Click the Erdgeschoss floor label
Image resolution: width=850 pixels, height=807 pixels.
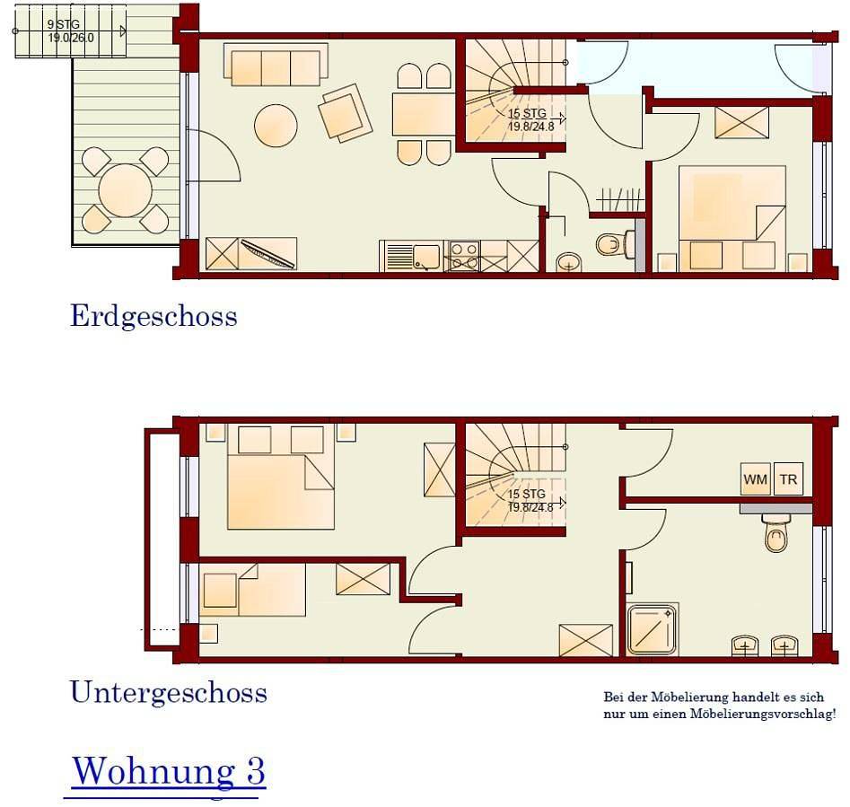pyautogui.click(x=153, y=316)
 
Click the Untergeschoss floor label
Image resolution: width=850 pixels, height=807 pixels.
pyautogui.click(x=168, y=692)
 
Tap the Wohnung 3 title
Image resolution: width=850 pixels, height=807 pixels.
pyautogui.click(x=168, y=770)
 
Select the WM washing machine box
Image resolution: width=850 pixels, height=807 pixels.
pyautogui.click(x=755, y=479)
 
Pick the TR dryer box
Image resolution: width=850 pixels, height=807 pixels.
pyautogui.click(x=788, y=479)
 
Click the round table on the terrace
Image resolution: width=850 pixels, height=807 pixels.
pyautogui.click(x=125, y=190)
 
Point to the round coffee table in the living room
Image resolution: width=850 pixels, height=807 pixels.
pyautogui.click(x=276, y=126)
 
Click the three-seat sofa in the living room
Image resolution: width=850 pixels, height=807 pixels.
pyautogui.click(x=276, y=66)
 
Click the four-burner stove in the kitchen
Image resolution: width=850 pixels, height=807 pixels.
pyautogui.click(x=463, y=256)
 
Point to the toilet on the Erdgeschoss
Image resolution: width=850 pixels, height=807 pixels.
pyautogui.click(x=613, y=243)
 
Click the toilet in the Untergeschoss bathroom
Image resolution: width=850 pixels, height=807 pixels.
pyautogui.click(x=776, y=537)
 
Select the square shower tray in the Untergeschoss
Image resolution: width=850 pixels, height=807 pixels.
pyautogui.click(x=652, y=629)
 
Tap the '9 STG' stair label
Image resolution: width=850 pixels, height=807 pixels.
pyautogui.click(x=63, y=24)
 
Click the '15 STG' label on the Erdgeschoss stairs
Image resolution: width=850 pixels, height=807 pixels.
pyautogui.click(x=527, y=115)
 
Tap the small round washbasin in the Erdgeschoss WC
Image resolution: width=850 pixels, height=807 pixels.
pyautogui.click(x=568, y=262)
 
